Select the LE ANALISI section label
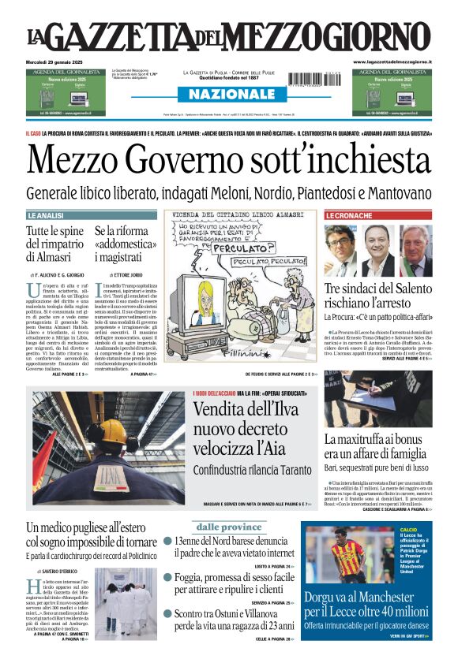pyautogui.click(x=45, y=215)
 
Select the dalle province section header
pyautogui.click(x=229, y=527)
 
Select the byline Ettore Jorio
pyautogui.click(x=116, y=273)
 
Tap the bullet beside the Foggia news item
pyautogui.click(x=167, y=578)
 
